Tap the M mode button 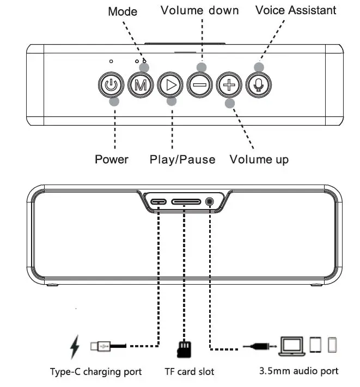[x=141, y=85]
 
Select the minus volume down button [x=199, y=85]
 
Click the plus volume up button [x=229, y=85]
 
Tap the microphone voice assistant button [x=258, y=85]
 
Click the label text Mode [x=123, y=11]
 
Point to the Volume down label [x=199, y=10]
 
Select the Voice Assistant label [x=296, y=10]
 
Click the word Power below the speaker [x=112, y=159]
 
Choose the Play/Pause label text [x=182, y=159]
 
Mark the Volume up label [x=259, y=159]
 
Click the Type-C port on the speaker [x=159, y=201]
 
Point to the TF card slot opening [x=186, y=201]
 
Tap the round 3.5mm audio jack [x=211, y=201]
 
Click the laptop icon [x=292, y=345]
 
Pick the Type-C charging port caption [x=96, y=372]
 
